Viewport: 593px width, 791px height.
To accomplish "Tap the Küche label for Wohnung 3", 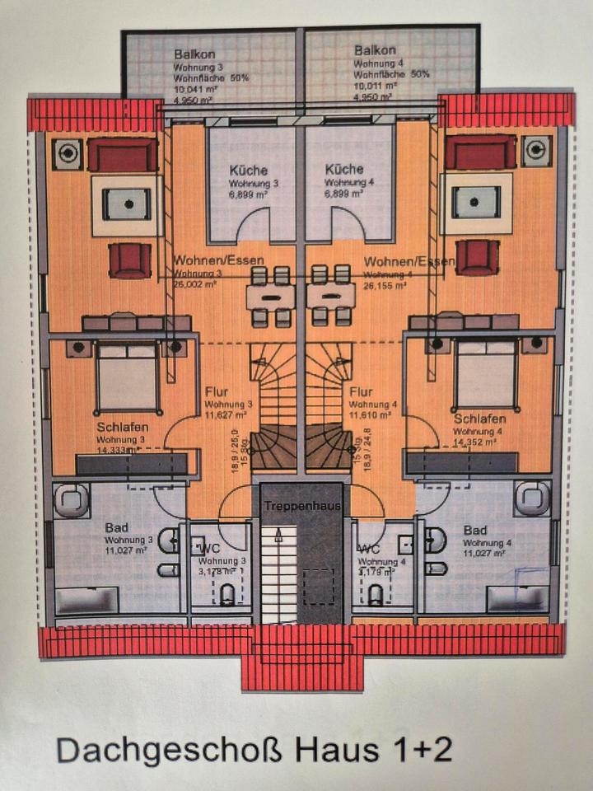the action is click(248, 170).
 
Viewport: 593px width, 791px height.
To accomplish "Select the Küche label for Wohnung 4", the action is click(343, 170).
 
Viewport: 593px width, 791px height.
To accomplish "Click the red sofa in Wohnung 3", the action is click(122, 154).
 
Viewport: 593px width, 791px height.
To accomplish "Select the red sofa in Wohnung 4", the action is click(480, 152).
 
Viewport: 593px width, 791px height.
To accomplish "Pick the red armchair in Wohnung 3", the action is click(130, 260).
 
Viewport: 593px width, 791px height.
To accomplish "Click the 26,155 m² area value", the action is click(385, 286).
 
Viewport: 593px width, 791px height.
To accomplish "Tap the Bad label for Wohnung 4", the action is click(475, 530).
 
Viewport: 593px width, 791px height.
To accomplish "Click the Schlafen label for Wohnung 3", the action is click(122, 427).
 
